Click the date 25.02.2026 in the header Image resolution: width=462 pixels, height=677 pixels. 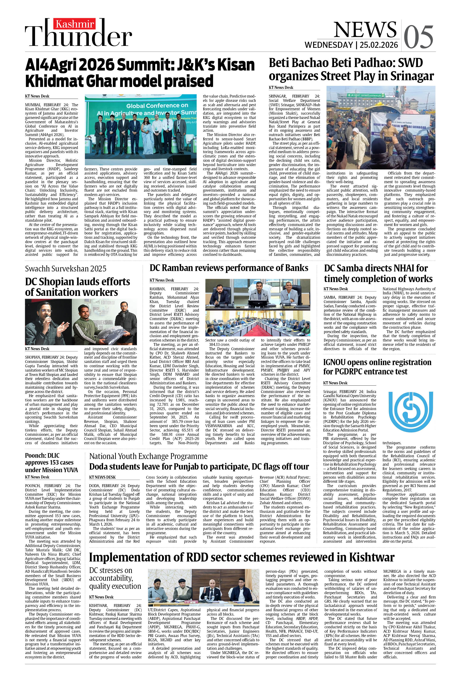[379, 45]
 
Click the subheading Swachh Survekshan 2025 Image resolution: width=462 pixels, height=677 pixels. [65, 269]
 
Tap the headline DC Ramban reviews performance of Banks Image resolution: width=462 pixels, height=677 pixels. [229, 268]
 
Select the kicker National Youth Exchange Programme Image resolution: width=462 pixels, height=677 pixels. [148, 456]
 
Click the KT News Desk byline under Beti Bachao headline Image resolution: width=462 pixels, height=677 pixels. [281, 87]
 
